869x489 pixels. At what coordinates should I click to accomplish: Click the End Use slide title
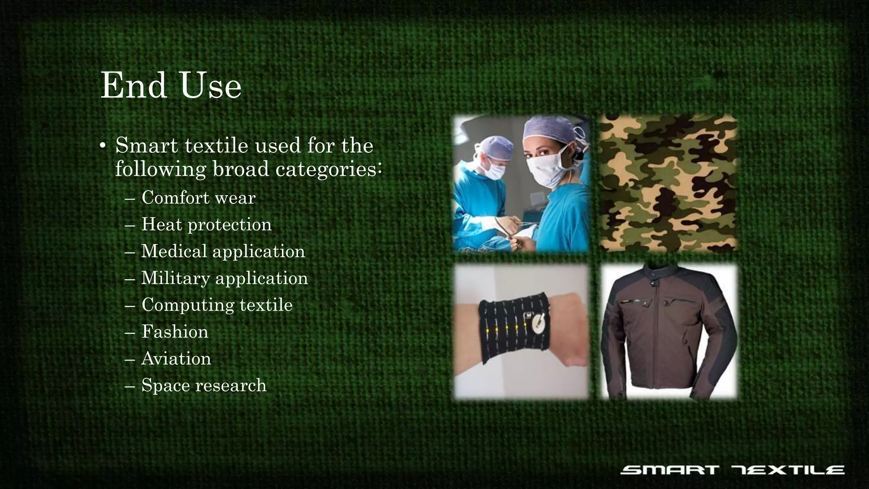(x=171, y=86)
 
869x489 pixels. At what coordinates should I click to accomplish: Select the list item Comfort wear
(x=198, y=198)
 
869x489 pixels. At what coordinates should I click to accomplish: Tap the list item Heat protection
(x=206, y=225)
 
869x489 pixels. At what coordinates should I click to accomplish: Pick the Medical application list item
(x=223, y=251)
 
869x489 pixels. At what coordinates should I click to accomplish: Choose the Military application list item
(x=224, y=278)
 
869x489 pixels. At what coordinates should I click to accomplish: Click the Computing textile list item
(x=217, y=305)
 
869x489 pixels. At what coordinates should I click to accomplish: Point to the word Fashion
(x=175, y=332)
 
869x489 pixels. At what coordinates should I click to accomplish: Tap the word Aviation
(x=176, y=359)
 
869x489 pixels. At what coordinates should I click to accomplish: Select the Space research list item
(x=204, y=385)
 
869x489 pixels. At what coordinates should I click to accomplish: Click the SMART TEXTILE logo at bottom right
(x=732, y=470)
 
